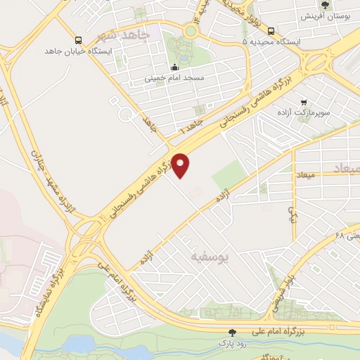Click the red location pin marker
click(181, 165)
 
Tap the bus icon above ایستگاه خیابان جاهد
click(77, 40)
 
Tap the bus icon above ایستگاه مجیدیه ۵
click(271, 31)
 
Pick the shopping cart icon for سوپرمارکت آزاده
click(303, 102)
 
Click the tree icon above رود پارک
click(232, 332)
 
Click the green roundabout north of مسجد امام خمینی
click(191, 31)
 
